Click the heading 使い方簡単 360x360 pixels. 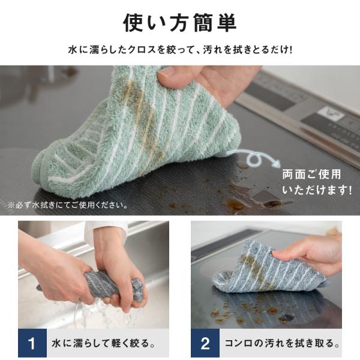click(180, 23)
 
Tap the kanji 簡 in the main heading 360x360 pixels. click(203, 23)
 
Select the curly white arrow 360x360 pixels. click(254, 157)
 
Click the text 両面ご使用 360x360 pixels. click(311, 174)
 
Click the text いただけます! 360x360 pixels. click(317, 190)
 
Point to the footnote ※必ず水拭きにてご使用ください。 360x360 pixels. click(68, 205)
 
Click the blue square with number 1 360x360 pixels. click(32, 343)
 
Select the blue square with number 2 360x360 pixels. click(205, 343)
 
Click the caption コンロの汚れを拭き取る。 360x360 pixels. click(283, 343)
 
